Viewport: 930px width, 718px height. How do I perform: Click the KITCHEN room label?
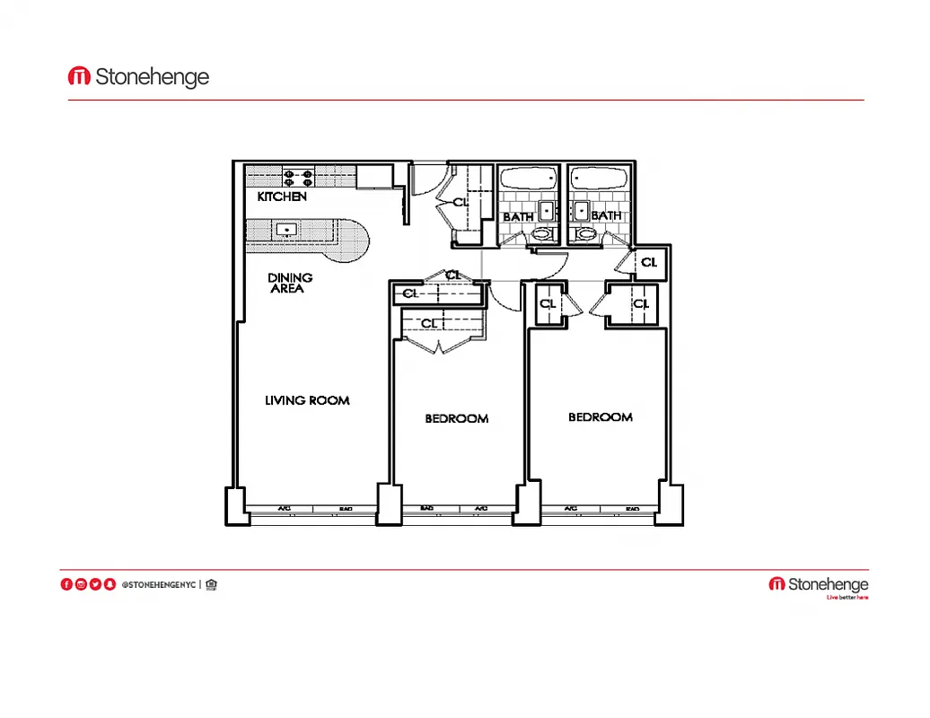click(x=282, y=197)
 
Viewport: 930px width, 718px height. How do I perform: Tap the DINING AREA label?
click(x=290, y=284)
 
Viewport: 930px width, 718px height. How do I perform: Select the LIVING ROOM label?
click(x=307, y=400)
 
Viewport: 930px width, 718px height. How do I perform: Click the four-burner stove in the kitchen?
click(x=298, y=176)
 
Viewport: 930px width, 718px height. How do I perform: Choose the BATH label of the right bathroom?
click(x=606, y=216)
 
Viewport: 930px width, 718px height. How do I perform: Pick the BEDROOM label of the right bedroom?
click(x=601, y=417)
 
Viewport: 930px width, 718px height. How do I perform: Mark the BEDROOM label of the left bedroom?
click(x=457, y=418)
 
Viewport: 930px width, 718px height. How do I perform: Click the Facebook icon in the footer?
click(x=66, y=584)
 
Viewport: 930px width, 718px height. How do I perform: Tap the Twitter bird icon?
click(x=95, y=584)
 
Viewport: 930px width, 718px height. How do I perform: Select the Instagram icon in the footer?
click(x=81, y=584)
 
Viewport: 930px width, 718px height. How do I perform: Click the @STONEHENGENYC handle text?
click(x=158, y=585)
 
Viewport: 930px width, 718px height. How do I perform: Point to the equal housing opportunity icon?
click(x=211, y=584)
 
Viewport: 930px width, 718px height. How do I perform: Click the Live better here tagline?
click(x=847, y=598)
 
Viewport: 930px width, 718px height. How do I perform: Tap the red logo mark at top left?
click(x=79, y=77)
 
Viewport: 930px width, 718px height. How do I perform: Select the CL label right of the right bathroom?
click(x=649, y=263)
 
